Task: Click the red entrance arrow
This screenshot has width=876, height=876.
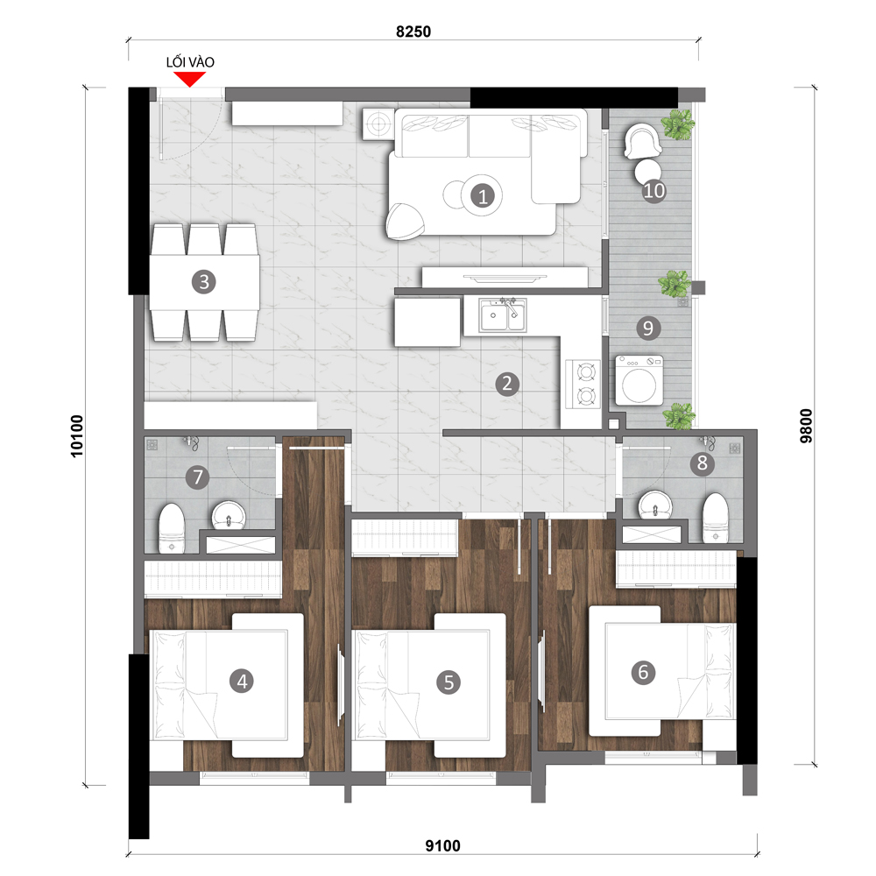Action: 190,79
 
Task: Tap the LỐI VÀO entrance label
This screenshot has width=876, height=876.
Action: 190,62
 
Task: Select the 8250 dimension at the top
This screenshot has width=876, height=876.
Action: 413,32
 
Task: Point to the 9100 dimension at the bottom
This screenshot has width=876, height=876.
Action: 443,846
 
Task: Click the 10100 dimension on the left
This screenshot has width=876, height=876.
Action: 76,436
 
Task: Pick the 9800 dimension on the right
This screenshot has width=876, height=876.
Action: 806,427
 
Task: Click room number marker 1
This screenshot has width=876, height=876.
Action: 483,196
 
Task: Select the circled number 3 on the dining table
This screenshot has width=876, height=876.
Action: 204,282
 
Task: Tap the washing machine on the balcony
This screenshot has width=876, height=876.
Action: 639,380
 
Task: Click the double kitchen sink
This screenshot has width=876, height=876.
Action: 503,315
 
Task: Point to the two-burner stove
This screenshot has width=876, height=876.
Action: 584,384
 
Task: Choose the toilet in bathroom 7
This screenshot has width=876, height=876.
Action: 172,528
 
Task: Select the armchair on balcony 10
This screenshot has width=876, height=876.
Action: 642,141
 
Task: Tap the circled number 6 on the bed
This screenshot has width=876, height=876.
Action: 643,672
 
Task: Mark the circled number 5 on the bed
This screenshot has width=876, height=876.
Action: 449,682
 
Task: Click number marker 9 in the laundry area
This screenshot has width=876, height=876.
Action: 648,328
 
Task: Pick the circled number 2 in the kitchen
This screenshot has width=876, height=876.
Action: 507,384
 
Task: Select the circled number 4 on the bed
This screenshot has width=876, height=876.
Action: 242,681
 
